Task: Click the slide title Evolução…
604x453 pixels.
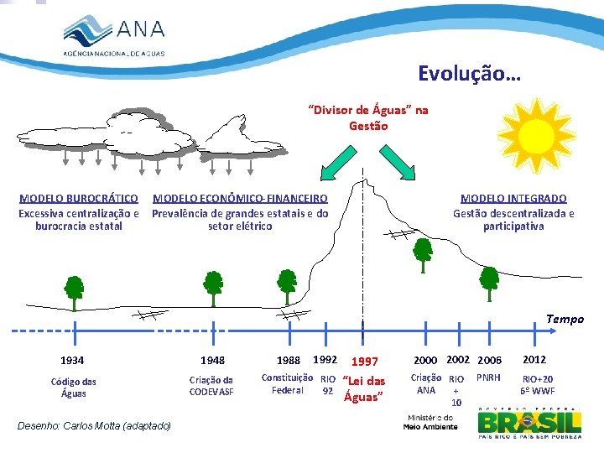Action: [469, 74]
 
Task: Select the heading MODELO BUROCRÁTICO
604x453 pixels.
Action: [79, 199]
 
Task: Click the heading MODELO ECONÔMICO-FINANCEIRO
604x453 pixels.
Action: [240, 199]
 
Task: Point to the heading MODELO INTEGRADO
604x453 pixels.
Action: [513, 199]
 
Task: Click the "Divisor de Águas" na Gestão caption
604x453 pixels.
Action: [367, 117]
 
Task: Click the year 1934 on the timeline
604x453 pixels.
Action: [72, 360]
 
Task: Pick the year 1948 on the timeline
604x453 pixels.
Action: [213, 360]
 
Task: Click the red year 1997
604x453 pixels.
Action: [364, 362]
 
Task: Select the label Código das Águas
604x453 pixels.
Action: [73, 387]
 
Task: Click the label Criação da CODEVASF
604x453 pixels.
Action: [211, 386]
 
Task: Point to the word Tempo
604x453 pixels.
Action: [565, 319]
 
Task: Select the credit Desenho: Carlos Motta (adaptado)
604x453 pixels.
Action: [94, 426]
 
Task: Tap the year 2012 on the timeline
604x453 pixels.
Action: [534, 359]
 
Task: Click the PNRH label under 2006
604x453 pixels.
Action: [488, 377]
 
